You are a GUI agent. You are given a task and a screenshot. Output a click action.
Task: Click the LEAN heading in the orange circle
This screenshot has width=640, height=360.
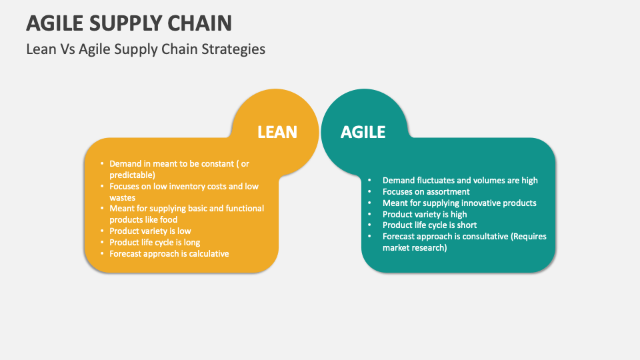[x=277, y=132]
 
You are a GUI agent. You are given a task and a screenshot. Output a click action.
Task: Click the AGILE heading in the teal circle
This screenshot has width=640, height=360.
[x=363, y=132]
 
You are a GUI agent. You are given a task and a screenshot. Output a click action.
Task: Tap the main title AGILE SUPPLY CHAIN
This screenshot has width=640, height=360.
[x=129, y=23]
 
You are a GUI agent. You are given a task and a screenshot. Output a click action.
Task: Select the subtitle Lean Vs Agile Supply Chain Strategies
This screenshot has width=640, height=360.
[x=145, y=49]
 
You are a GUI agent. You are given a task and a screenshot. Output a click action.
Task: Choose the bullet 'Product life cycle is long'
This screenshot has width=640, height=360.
[x=155, y=243]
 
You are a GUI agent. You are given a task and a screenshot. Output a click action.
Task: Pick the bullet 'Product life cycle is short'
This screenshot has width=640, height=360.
[x=429, y=225]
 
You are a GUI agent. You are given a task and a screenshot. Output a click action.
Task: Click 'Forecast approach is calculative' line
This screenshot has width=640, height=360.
[x=169, y=254]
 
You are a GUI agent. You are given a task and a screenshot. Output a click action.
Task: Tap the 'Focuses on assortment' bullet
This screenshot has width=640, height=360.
[x=426, y=191]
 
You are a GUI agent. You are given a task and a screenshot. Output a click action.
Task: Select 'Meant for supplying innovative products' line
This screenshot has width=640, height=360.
[x=459, y=203]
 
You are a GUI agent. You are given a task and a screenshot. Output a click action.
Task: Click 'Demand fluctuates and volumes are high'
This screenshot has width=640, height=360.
[x=460, y=180]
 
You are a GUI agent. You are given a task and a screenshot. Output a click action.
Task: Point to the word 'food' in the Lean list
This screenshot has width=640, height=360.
[x=169, y=220]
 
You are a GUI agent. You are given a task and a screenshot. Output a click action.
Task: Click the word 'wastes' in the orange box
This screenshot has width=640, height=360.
[x=123, y=197]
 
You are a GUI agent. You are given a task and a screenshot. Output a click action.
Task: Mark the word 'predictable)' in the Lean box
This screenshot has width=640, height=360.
[x=132, y=175]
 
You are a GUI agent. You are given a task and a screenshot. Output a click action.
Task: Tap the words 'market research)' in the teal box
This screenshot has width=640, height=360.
[x=415, y=248]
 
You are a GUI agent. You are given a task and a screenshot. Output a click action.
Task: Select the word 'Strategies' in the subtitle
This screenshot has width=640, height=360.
[x=236, y=49]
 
